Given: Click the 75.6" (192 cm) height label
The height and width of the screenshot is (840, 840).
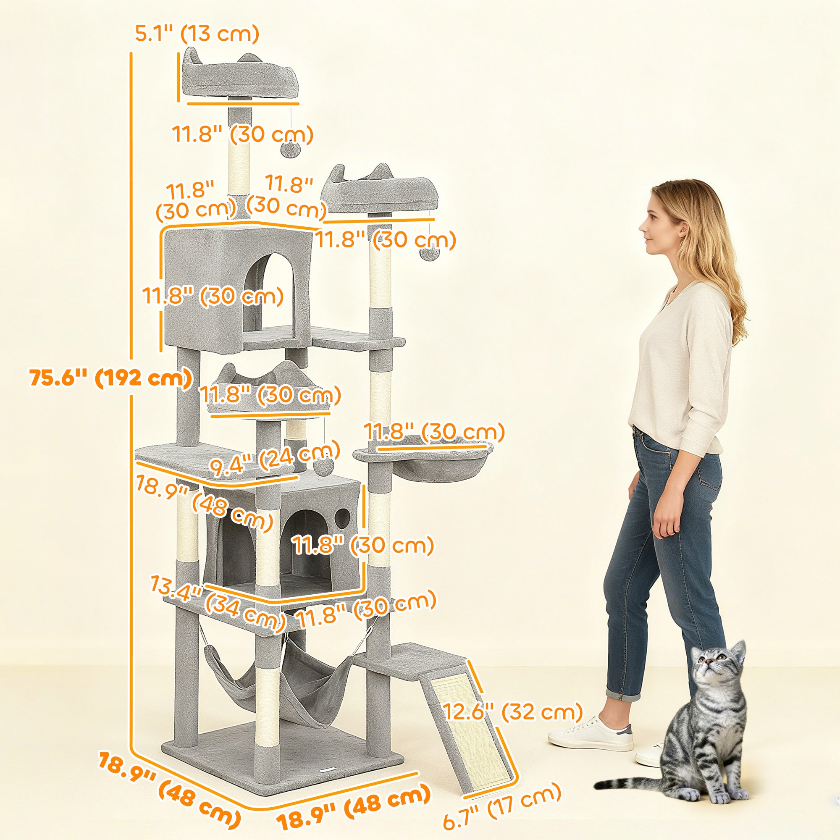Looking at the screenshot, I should (x=111, y=377).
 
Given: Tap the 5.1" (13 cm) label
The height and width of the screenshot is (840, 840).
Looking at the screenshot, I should (x=197, y=34).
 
